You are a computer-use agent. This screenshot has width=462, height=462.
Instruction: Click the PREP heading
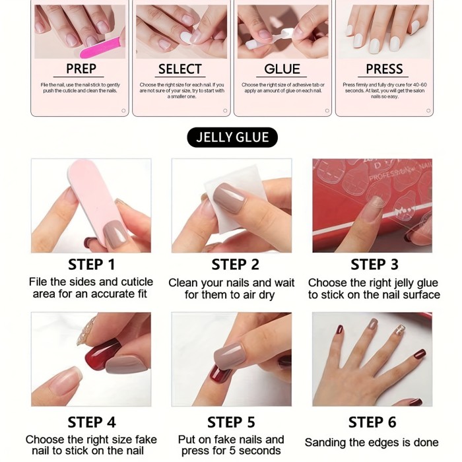[81, 69]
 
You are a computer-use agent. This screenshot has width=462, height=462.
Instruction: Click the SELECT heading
[180, 69]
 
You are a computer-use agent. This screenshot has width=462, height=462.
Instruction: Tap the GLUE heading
[282, 69]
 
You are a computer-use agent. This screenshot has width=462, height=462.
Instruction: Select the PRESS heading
[384, 69]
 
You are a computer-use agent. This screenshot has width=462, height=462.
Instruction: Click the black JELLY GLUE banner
[232, 137]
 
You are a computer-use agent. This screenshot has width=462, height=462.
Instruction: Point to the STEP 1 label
[91, 265]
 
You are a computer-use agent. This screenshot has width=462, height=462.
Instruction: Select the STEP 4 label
[91, 422]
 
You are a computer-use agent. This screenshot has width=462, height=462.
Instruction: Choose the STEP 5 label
[231, 422]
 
